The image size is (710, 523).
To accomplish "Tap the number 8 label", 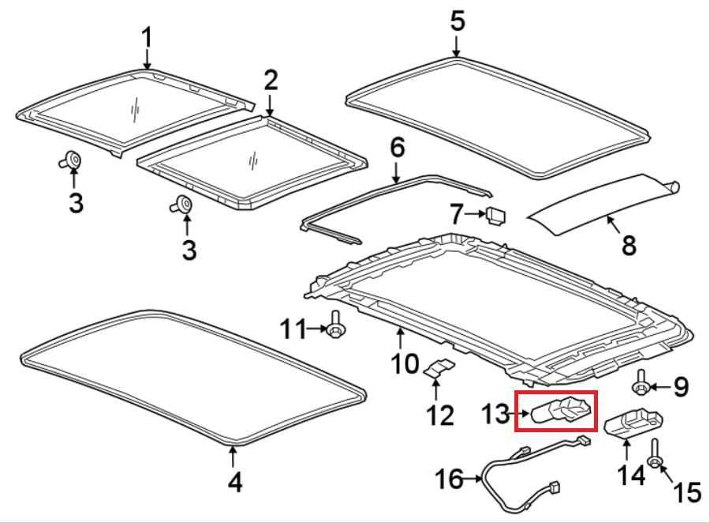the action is tap(629, 245).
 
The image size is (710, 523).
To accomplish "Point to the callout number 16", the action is tap(449, 479).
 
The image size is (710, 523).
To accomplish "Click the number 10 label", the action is tap(405, 363).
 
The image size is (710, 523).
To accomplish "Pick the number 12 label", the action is tap(440, 415).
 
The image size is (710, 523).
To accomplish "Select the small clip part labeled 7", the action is tap(496, 216).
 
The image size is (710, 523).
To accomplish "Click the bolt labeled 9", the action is tap(641, 383).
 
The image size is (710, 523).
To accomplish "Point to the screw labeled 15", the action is tap(654, 454).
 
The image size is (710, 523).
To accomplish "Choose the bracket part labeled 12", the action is tap(439, 367).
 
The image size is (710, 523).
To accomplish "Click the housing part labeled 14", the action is tap(634, 423).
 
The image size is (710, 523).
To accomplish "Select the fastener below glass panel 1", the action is tap(71, 160).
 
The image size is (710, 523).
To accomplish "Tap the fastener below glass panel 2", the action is tap(182, 204).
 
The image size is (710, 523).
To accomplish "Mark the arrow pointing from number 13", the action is tap(520, 413).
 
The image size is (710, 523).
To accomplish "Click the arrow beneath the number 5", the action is tap(457, 47).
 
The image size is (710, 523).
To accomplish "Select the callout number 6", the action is tap(397, 148).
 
